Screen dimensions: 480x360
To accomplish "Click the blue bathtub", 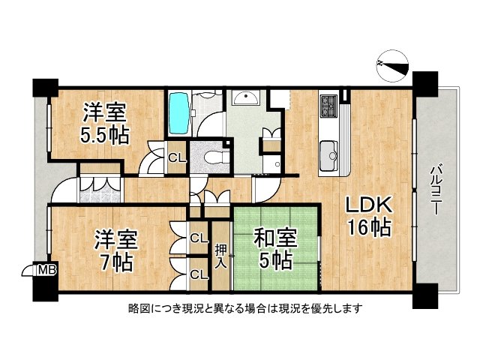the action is pos(178,113).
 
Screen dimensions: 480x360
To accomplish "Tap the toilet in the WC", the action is pos(216,157).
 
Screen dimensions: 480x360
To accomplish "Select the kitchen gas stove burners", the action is pos(328,106).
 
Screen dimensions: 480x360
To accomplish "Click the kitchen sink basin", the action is pos(329,156).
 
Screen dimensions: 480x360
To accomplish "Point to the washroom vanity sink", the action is pos(245,97).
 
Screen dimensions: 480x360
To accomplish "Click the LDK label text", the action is pos(368,205).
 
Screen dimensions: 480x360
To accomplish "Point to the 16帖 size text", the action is pos(369,228).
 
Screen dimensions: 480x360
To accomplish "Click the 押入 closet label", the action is pos(220,256).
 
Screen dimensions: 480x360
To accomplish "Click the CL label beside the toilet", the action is pos(178,158).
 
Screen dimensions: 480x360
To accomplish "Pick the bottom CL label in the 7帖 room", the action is pos(199,274).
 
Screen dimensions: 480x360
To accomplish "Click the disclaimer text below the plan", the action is pos(245,308).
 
